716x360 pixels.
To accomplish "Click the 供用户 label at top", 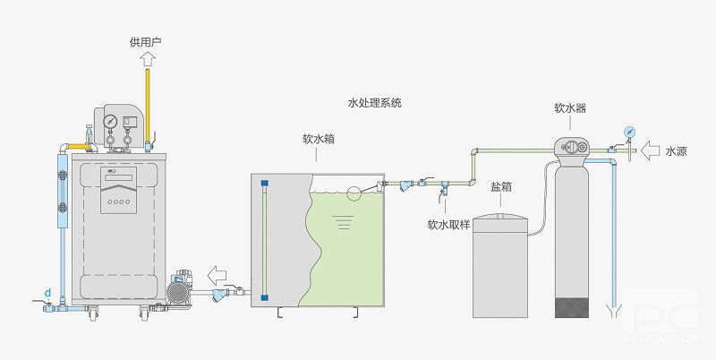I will tap(145, 41).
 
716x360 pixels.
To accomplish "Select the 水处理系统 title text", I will tap(374, 103).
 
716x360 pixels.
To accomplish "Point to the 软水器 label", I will tap(570, 108).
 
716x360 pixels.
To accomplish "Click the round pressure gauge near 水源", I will tap(629, 130).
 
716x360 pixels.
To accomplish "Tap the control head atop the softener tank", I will tap(574, 146).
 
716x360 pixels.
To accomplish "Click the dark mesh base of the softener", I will tap(574, 306).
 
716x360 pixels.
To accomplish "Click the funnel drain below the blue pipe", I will tap(613, 313).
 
